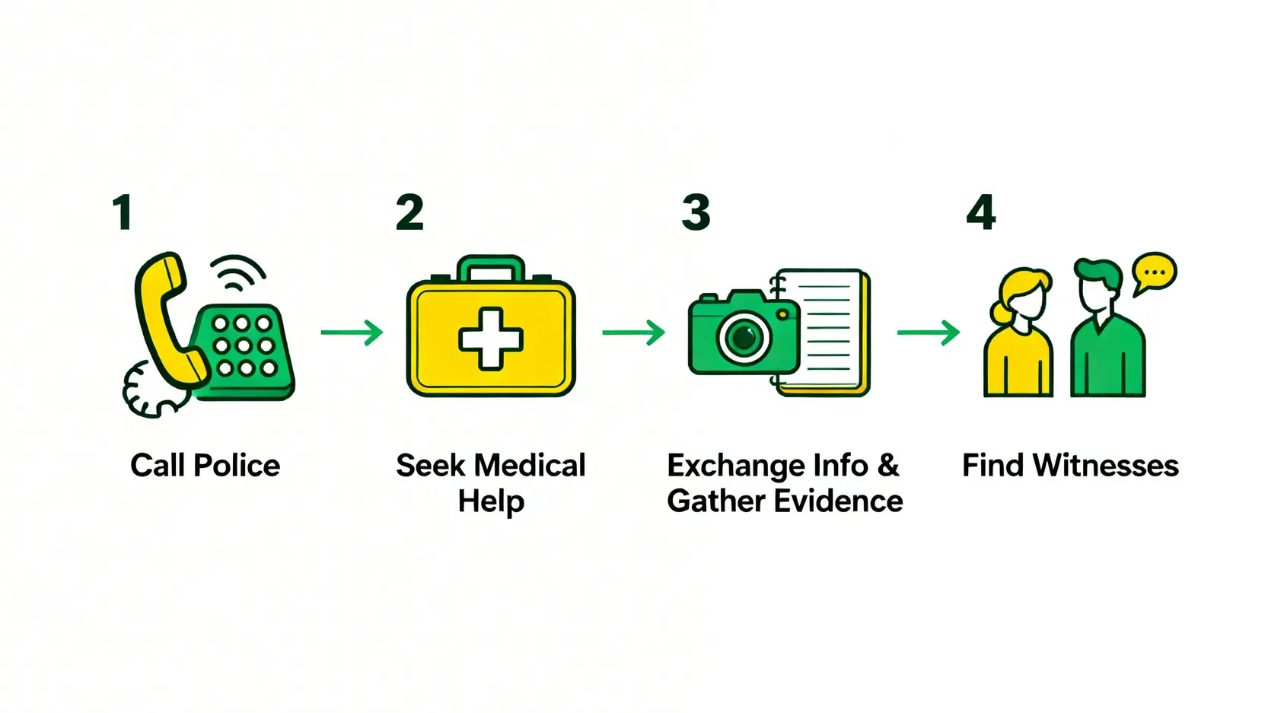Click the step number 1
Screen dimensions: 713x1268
tap(123, 212)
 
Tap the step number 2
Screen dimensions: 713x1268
tap(409, 212)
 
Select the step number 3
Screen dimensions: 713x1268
tap(696, 212)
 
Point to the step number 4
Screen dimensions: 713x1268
tap(980, 212)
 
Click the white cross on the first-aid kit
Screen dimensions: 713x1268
tap(491, 339)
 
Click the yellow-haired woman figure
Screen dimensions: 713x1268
tap(1018, 335)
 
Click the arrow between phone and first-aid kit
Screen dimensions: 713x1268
tap(352, 333)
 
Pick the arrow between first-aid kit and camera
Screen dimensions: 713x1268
tap(633, 333)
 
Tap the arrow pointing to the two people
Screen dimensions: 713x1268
tap(928, 333)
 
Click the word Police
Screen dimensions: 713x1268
tap(237, 465)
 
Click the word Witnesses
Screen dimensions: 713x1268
tap(1105, 465)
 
